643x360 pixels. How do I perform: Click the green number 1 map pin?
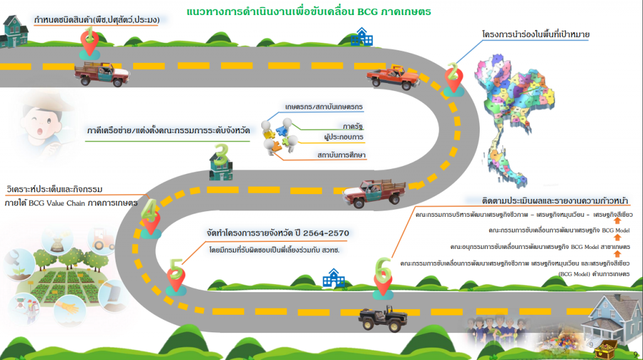pyautogui.click(x=90, y=41)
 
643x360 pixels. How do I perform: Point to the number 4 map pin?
pyautogui.click(x=150, y=215)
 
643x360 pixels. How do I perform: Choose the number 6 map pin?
pyautogui.click(x=381, y=275)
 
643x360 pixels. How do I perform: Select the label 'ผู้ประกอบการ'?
pyautogui.click(x=343, y=137)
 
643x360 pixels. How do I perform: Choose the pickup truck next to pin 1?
pyautogui.click(x=102, y=73)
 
